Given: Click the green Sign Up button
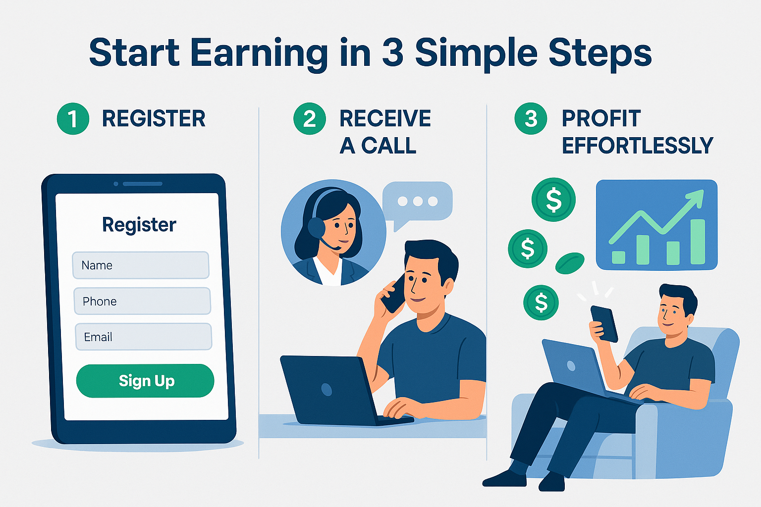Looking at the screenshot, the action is pos(145,381).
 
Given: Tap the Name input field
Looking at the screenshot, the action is pos(141,265).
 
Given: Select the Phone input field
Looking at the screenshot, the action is pos(142,301).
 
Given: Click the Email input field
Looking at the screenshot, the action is pos(143,337).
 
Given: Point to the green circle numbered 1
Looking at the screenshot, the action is pos(73,118).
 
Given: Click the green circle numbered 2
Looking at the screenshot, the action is pos(310,118).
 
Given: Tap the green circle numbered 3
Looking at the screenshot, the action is pos(531,118).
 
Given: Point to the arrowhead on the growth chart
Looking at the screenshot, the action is pos(695,199).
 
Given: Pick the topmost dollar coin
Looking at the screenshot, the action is pos(553,200).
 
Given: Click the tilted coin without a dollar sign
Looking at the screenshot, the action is pos(570,263).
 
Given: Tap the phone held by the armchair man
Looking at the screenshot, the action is pos(604,324).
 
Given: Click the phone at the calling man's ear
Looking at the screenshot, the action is pos(394,294).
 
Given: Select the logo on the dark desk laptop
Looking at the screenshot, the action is pos(326,389).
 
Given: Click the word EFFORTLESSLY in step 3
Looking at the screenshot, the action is pos(637,146).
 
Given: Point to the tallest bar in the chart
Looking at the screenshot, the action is pos(698,242).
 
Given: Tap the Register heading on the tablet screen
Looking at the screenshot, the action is pos(139,225).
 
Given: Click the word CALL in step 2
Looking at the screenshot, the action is pos(388,146).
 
